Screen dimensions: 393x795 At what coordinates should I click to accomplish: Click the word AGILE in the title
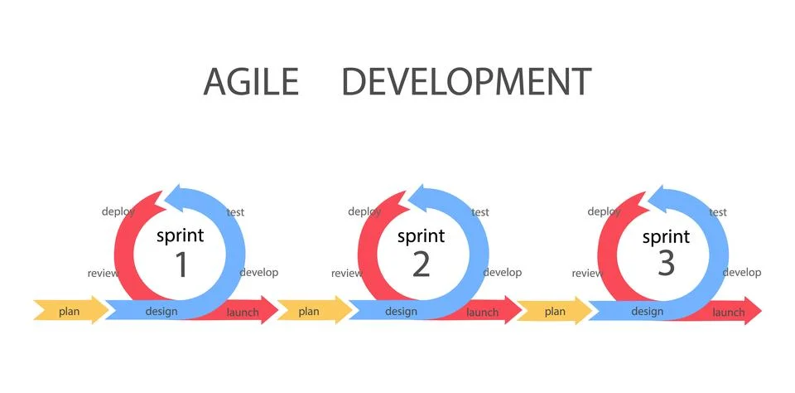(250, 82)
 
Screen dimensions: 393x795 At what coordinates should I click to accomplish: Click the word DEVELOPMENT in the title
(466, 82)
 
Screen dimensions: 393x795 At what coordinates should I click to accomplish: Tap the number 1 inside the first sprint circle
(181, 264)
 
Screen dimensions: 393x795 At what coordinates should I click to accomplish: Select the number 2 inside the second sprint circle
(421, 264)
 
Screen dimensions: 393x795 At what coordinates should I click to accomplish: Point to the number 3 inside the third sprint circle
(666, 264)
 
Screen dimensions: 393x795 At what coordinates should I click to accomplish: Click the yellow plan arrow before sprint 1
(70, 312)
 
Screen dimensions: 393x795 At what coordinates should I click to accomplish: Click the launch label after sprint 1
(243, 313)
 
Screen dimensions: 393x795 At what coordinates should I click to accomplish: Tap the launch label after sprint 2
(483, 313)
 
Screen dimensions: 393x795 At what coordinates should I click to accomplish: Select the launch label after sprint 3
(729, 313)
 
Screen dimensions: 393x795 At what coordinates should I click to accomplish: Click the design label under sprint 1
(161, 312)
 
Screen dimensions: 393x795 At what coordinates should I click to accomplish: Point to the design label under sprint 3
(648, 312)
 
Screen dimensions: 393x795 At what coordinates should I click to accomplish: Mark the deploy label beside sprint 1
(118, 211)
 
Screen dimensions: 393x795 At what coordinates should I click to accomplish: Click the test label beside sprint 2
(480, 212)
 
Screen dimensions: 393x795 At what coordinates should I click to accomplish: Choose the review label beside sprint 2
(347, 274)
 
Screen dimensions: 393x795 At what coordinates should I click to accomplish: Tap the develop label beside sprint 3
(741, 272)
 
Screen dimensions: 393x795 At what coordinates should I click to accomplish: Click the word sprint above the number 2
(421, 236)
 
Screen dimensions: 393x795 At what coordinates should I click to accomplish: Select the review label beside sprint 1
(104, 274)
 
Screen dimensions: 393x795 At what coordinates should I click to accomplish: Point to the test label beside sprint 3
(718, 212)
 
